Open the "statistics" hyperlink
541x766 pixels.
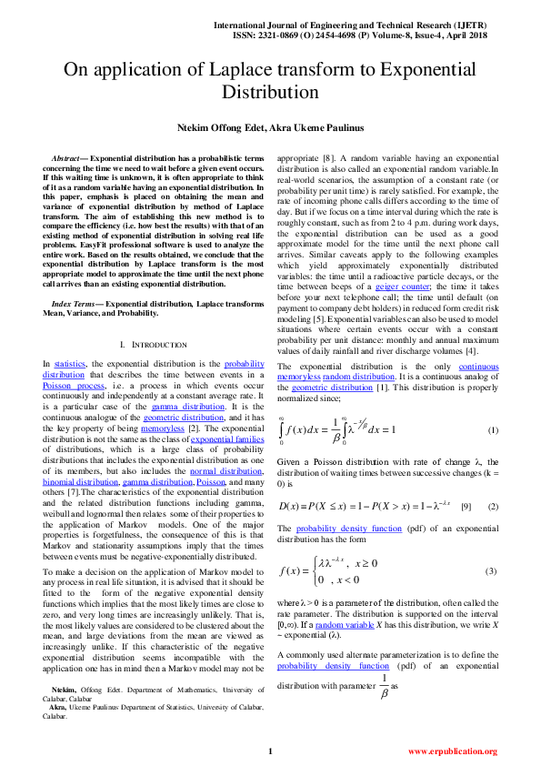(x=71, y=363)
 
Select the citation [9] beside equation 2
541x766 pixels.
(x=465, y=505)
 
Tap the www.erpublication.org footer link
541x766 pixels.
(x=452, y=751)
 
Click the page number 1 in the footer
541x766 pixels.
(x=270, y=751)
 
